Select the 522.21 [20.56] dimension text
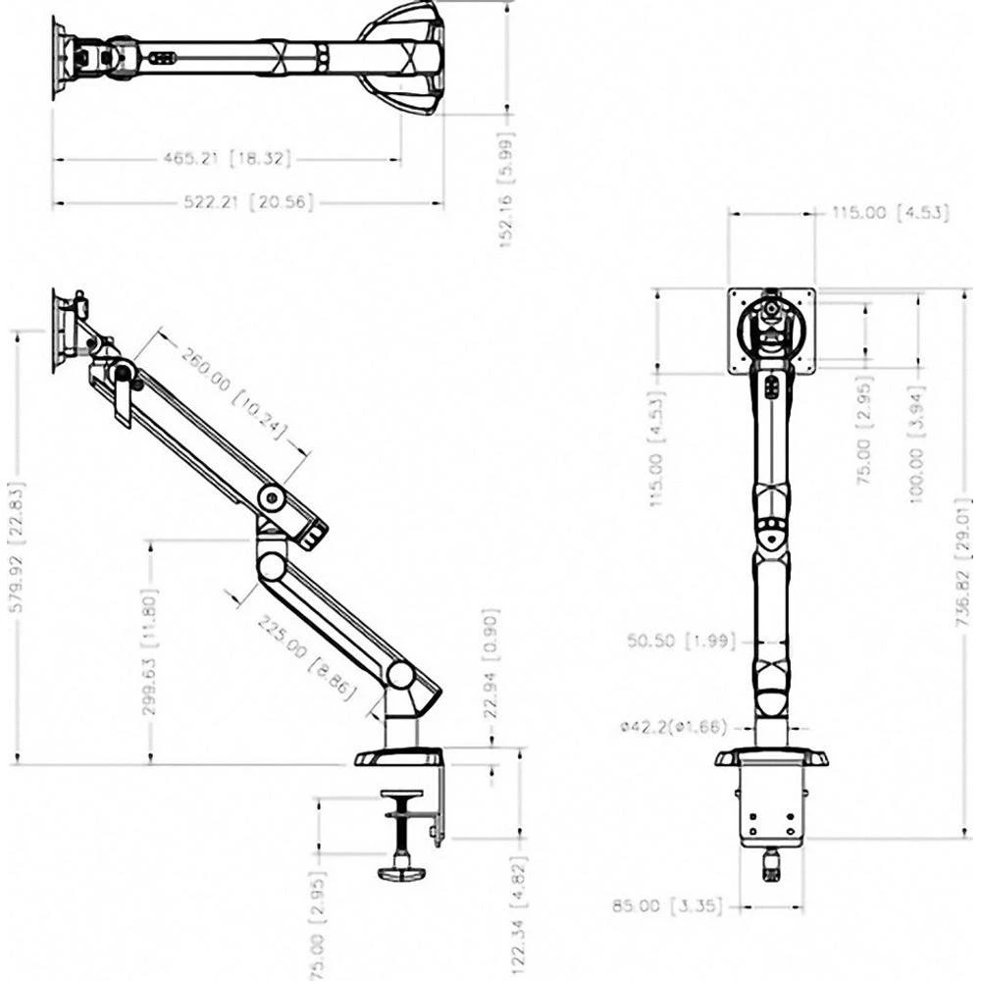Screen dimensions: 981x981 coord(249,202)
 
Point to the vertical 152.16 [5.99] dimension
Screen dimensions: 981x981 coord(506,189)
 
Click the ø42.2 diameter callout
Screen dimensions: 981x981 coord(673,727)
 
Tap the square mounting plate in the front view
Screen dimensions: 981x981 coord(772,331)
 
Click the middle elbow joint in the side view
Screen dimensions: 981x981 coord(272,564)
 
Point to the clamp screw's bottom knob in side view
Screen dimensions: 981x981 coord(400,870)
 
